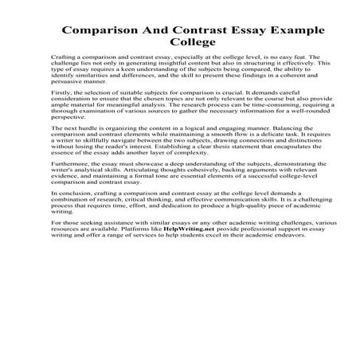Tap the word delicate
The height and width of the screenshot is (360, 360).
(238, 157)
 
